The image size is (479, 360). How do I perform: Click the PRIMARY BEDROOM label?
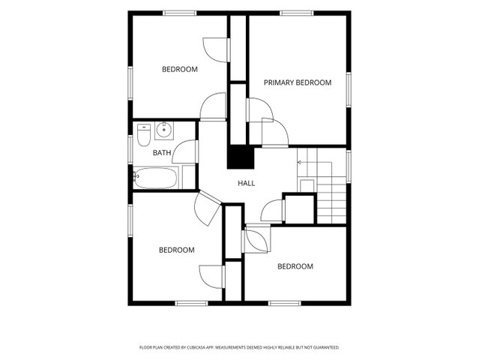click(298, 82)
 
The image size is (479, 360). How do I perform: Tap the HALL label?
click(246, 183)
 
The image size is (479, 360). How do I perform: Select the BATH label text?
click(162, 152)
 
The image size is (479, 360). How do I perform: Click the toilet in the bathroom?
click(144, 135)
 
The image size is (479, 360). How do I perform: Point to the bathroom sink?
click(164, 130)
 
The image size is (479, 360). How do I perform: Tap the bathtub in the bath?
click(156, 178)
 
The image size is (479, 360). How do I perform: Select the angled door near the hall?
click(207, 208)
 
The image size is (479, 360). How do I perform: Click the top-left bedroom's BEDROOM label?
click(180, 69)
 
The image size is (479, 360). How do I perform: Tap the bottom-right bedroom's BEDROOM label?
click(295, 266)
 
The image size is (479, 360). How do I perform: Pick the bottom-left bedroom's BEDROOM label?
click(177, 250)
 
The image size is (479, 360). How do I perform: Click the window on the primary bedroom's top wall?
click(297, 13)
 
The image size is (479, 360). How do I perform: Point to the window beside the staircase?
click(349, 166)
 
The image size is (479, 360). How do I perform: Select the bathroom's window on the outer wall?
click(130, 149)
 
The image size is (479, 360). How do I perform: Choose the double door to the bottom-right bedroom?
click(256, 238)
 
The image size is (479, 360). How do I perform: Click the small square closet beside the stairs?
click(299, 209)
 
